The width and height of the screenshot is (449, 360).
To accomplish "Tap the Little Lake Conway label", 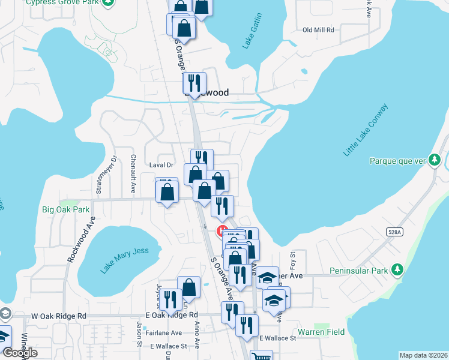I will [366, 130].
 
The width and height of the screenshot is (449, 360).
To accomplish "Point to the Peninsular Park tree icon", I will [396, 271].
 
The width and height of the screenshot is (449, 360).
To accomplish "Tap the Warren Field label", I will [321, 332].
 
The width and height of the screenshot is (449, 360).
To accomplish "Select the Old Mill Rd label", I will [318, 29].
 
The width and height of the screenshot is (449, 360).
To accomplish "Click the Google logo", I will [19, 353].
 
